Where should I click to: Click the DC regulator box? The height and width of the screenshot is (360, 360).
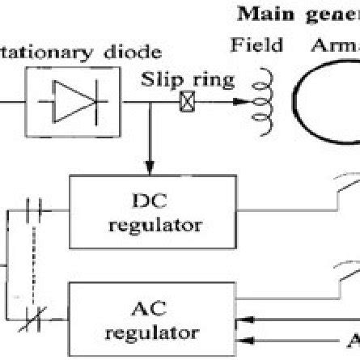tap(154, 212)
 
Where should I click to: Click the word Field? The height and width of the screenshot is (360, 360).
tap(256, 46)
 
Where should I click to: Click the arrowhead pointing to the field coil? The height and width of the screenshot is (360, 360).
tap(237, 104)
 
